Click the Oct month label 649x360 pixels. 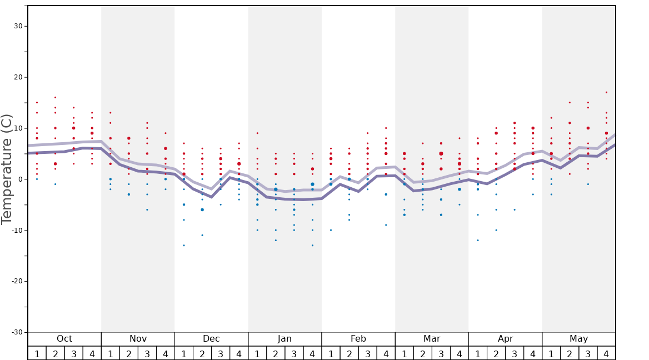[64, 339]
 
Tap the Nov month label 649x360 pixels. [138, 339]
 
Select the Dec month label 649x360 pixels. [211, 339]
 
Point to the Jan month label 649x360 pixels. [284, 339]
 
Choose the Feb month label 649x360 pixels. [358, 339]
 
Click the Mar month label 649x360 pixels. [432, 339]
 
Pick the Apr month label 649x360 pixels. [505, 339]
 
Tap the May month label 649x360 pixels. [578, 339]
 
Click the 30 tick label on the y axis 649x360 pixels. [18, 26]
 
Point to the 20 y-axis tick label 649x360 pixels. [18, 77]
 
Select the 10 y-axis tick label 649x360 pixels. [18, 128]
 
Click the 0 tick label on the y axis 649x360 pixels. [20, 179]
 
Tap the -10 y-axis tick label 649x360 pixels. [16, 231]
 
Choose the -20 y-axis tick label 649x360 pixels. [16, 281]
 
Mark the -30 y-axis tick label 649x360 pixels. [16, 332]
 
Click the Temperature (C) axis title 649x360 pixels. [7, 169]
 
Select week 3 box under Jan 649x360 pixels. [294, 353]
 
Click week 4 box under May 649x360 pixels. [606, 353]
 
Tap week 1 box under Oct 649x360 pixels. [37, 353]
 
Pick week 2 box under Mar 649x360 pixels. [423, 353]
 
